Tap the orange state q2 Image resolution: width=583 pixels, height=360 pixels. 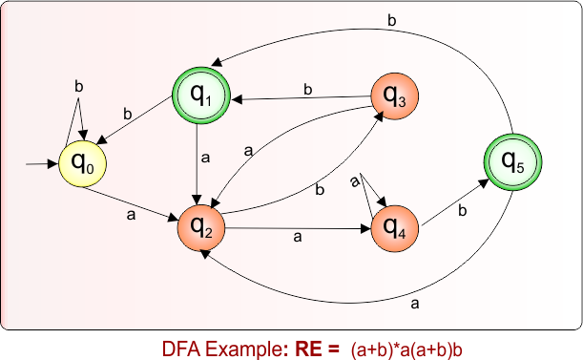click(200, 227)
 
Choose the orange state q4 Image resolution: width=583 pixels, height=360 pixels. click(394, 227)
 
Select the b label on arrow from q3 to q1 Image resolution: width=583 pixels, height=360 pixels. click(307, 89)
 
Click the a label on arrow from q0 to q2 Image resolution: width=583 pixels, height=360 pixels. click(130, 215)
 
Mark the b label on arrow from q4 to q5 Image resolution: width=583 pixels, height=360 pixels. click(462, 208)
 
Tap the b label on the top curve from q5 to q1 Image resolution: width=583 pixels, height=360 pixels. click(390, 19)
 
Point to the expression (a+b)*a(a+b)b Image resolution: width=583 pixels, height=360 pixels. click(414, 346)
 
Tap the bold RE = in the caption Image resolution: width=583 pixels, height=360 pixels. click(309, 345)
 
